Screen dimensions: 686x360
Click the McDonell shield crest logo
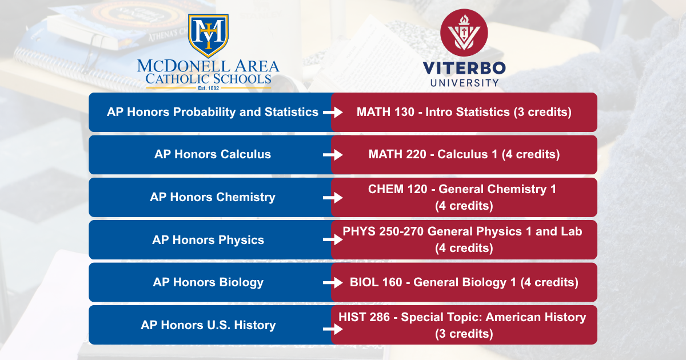(x=208, y=36)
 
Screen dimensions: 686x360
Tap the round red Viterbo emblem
(x=464, y=33)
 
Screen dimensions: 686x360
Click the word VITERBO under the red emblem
(x=464, y=68)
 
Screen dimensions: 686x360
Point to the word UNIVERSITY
(x=464, y=83)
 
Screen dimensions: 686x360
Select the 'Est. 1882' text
(x=208, y=88)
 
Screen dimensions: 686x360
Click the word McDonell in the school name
(x=184, y=66)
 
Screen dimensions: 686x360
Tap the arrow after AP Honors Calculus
(x=333, y=155)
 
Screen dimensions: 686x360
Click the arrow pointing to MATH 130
(x=333, y=112)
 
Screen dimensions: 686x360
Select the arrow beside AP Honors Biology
(x=333, y=282)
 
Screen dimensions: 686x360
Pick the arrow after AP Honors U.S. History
(x=333, y=329)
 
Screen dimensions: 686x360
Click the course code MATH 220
(x=397, y=154)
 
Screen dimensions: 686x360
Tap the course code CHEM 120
(x=397, y=189)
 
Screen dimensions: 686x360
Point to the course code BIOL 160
(x=376, y=282)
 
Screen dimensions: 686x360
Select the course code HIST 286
(x=364, y=317)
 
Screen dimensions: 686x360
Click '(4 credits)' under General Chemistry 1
(x=464, y=206)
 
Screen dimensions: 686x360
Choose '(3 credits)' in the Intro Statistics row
(x=543, y=112)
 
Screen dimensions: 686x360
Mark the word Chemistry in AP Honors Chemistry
(x=246, y=197)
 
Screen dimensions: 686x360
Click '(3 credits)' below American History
(x=464, y=334)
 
